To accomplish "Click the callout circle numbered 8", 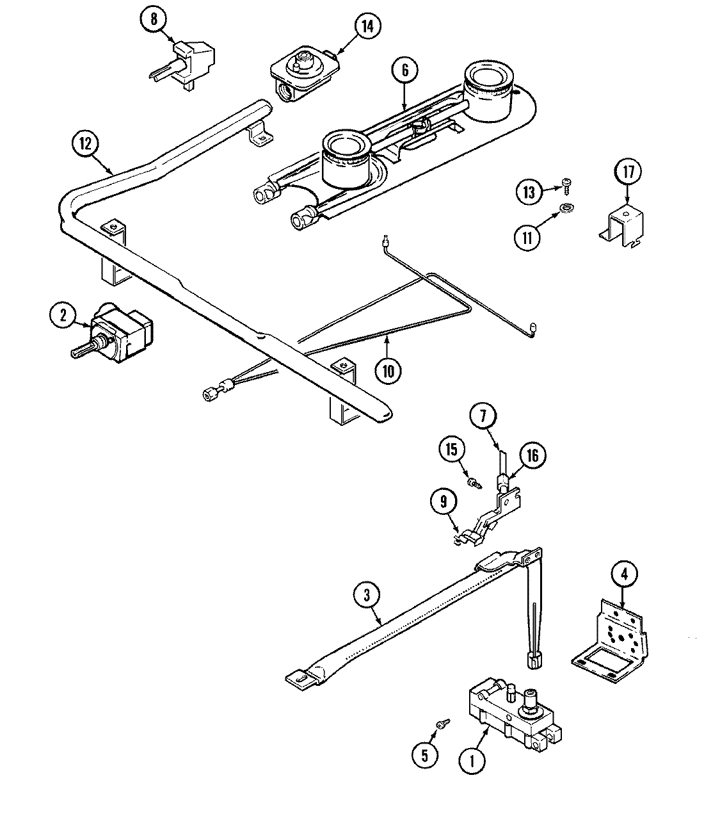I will pos(154,19).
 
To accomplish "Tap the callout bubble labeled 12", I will pos(86,145).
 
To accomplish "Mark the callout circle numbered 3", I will pos(367,596).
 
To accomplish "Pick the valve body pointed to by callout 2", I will pos(122,334).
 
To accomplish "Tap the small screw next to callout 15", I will pos(474,482).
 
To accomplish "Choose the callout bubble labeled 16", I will pos(532,455).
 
